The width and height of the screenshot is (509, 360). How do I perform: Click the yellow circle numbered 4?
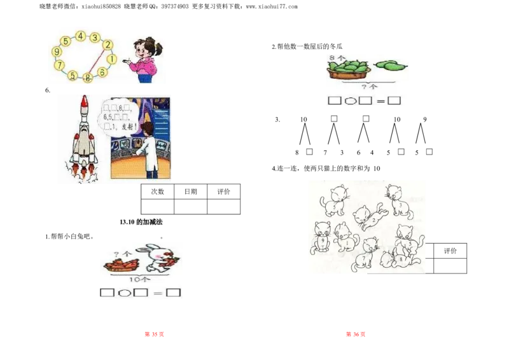(80, 36)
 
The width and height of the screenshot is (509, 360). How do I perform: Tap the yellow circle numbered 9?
(57, 52)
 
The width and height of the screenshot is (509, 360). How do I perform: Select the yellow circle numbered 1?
(111, 59)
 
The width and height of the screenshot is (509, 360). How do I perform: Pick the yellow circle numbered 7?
(59, 65)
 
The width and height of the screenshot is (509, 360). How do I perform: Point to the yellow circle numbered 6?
(102, 72)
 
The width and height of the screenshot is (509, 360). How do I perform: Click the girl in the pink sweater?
(146, 60)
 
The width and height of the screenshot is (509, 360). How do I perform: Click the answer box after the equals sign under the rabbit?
(173, 293)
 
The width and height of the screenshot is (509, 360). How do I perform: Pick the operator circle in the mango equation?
(349, 100)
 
